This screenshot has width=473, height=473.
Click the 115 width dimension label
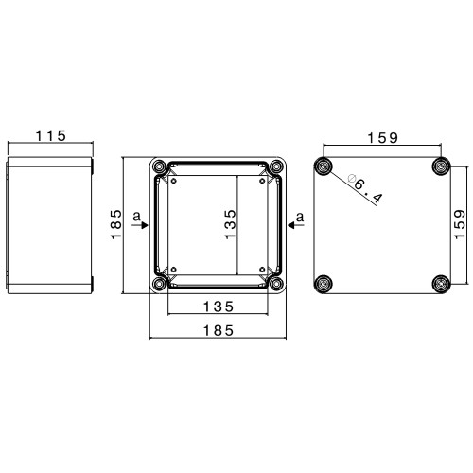(x=51, y=136)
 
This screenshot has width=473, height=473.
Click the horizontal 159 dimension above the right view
(x=383, y=138)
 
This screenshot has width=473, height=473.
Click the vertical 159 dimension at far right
(x=460, y=224)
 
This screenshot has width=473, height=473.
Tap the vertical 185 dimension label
(x=116, y=224)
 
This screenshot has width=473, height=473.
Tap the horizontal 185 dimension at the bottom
(x=219, y=331)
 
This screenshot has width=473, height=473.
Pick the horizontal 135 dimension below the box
(x=219, y=307)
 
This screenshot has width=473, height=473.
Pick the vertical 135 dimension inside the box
(x=231, y=224)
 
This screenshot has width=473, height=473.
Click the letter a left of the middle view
(x=136, y=217)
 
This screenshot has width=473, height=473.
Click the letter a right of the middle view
(x=300, y=217)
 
